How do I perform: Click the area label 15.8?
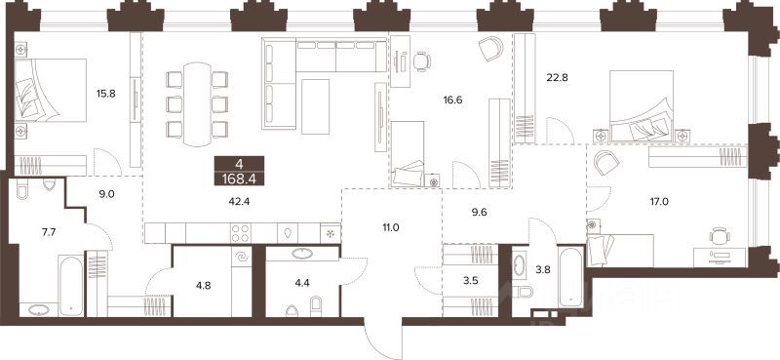pos(105,94)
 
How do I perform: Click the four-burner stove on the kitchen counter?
pos(240,232)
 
